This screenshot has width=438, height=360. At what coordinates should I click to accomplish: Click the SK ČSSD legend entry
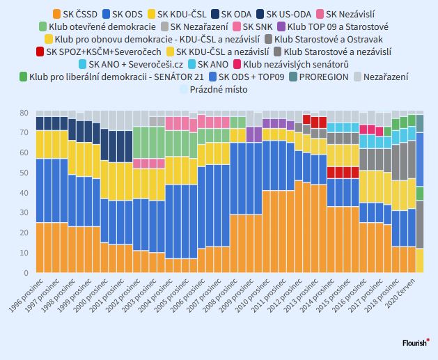click(75, 14)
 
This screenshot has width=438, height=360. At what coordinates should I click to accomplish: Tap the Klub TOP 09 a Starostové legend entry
click(333, 27)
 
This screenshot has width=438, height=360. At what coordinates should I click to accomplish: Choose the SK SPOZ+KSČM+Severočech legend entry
click(99, 52)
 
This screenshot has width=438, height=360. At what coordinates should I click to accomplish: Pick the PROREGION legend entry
click(319, 77)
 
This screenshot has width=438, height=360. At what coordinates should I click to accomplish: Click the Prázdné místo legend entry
click(214, 90)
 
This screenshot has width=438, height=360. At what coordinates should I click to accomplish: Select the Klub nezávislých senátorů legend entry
click(291, 65)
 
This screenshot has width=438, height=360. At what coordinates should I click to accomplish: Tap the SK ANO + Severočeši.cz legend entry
click(131, 65)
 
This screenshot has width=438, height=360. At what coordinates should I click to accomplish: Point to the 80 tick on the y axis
click(24, 113)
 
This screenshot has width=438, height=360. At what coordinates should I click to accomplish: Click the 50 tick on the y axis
click(24, 173)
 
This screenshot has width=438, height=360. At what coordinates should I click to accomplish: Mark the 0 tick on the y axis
click(26, 273)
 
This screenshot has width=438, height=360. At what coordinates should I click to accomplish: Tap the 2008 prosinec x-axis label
click(220, 295)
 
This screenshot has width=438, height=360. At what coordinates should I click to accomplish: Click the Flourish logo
click(416, 343)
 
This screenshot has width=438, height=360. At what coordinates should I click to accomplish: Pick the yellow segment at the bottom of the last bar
click(420, 260)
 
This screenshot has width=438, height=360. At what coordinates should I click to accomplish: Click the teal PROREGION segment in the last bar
click(420, 124)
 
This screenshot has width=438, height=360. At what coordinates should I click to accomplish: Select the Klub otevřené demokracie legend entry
click(97, 27)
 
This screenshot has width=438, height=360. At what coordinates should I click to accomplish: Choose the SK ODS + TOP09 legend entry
click(247, 77)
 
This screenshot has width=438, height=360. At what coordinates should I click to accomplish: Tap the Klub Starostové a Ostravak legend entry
click(324, 40)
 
